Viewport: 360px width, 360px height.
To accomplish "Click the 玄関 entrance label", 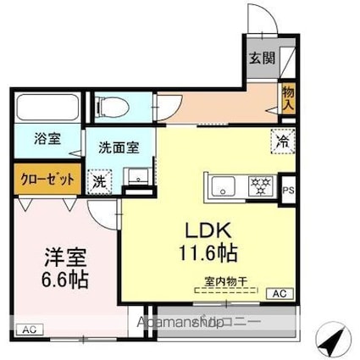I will point(262,58).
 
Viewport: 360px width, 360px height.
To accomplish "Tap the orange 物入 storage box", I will point(288,98).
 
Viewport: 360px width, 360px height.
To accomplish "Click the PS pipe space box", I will point(289,190).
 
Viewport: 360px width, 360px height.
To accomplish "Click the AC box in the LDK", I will point(278,294).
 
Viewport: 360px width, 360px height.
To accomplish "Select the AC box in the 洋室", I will point(28,329).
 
